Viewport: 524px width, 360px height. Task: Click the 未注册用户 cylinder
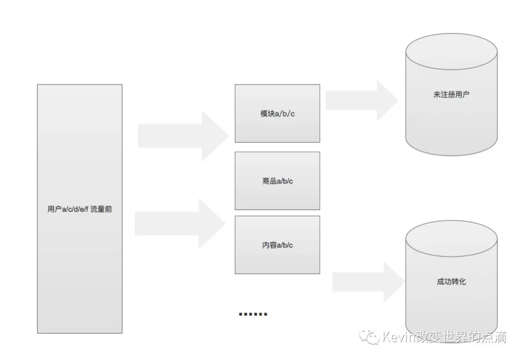click(451, 116)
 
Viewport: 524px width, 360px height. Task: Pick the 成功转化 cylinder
click(451, 301)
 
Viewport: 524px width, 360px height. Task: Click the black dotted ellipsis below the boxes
click(253, 314)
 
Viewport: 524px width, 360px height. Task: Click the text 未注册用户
click(451, 95)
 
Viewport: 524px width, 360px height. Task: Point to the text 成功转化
click(451, 281)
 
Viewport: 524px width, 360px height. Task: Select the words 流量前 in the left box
click(101, 210)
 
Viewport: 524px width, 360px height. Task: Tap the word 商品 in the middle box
click(269, 181)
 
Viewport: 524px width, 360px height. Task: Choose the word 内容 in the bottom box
click(269, 245)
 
